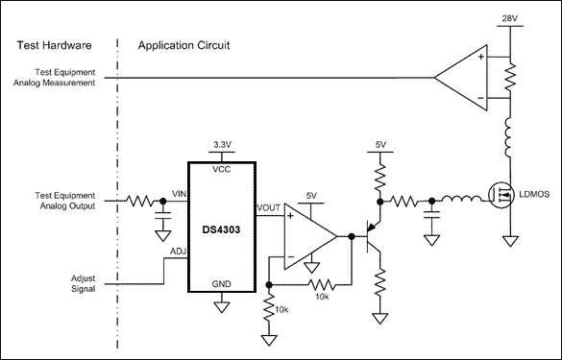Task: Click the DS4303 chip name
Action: (x=221, y=229)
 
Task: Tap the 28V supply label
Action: (x=510, y=18)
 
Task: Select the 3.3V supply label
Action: (x=222, y=145)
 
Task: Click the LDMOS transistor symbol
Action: (x=501, y=195)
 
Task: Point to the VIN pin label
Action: (x=180, y=194)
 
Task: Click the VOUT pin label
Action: (x=268, y=207)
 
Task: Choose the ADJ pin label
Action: (x=178, y=252)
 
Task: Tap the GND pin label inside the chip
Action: (x=222, y=284)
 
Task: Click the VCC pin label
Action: (x=222, y=169)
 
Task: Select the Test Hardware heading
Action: (x=55, y=45)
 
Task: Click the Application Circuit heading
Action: (x=183, y=45)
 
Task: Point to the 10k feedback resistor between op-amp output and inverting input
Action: (x=322, y=285)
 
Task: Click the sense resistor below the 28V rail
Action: (x=510, y=77)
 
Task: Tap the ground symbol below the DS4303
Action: (x=222, y=307)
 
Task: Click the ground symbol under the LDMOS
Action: (x=510, y=241)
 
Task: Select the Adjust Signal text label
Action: (x=84, y=283)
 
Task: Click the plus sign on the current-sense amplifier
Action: (x=480, y=57)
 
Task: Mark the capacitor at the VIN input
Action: (x=162, y=216)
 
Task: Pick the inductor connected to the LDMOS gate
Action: (x=461, y=199)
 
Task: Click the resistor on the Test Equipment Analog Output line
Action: (x=140, y=201)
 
